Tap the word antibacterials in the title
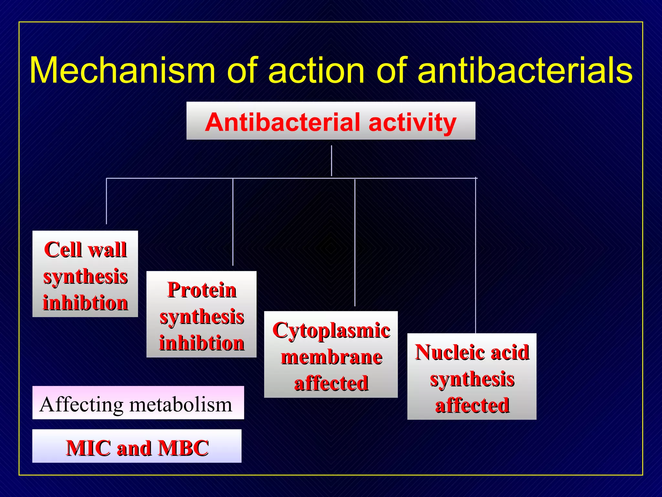pyautogui.click(x=525, y=70)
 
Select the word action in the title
pyautogui.click(x=316, y=70)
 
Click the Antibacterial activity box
pyautogui.click(x=331, y=121)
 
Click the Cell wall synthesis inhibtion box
pyautogui.click(x=85, y=274)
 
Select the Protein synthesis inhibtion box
pyautogui.click(x=201, y=314)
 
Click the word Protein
pyautogui.click(x=202, y=290)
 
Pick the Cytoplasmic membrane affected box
pyautogui.click(x=331, y=354)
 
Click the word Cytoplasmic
pyautogui.click(x=331, y=331)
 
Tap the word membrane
pyautogui.click(x=331, y=357)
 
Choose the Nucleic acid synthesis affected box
pyautogui.click(x=472, y=376)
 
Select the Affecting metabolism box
pyautogui.click(x=138, y=403)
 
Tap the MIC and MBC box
pyautogui.click(x=137, y=446)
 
